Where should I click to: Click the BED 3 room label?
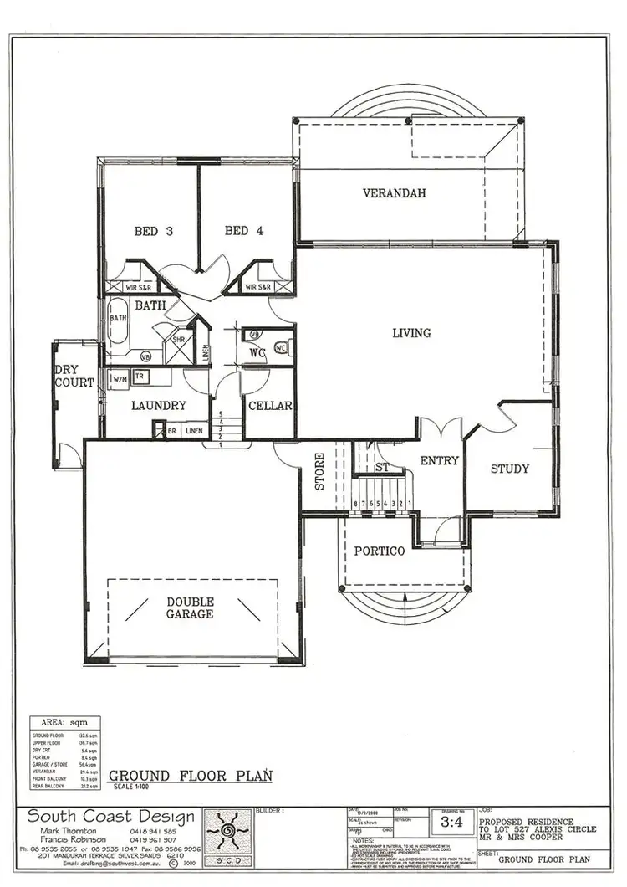(x=153, y=231)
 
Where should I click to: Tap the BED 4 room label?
(x=243, y=231)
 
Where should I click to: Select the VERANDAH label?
(x=394, y=193)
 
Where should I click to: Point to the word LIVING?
(x=412, y=332)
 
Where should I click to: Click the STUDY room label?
(x=509, y=469)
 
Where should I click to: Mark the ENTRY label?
(x=439, y=460)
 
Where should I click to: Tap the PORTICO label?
(x=379, y=551)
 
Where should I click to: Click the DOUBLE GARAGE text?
(x=190, y=608)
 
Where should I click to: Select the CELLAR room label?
(x=270, y=406)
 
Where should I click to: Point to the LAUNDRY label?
(x=158, y=406)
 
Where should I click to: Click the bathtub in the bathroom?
(x=118, y=327)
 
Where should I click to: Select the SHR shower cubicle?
(x=178, y=340)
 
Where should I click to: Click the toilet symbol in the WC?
(x=282, y=347)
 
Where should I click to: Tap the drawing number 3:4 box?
(x=451, y=823)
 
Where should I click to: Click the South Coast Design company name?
(x=111, y=817)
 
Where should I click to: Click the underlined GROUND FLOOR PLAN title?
(x=191, y=776)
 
